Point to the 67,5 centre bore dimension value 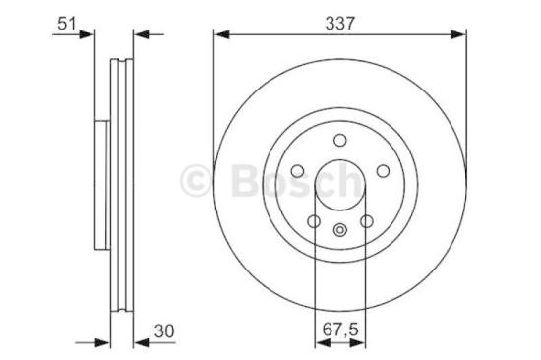click(x=340, y=329)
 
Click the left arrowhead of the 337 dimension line click(x=219, y=34)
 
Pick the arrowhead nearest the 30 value click(x=138, y=342)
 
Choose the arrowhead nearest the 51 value click(x=90, y=34)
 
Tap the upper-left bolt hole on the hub click(x=299, y=168)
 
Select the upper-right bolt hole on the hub click(x=382, y=168)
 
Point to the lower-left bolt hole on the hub click(x=315, y=220)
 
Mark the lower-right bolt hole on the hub click(x=366, y=220)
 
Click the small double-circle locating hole click(x=340, y=231)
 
